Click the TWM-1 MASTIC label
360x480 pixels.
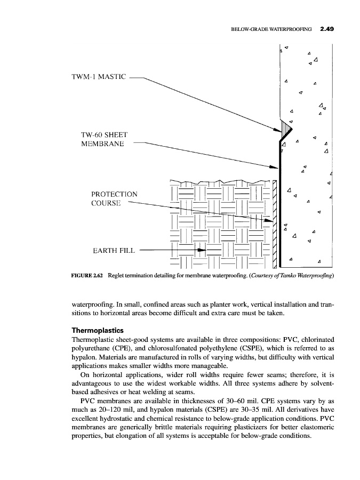99,77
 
